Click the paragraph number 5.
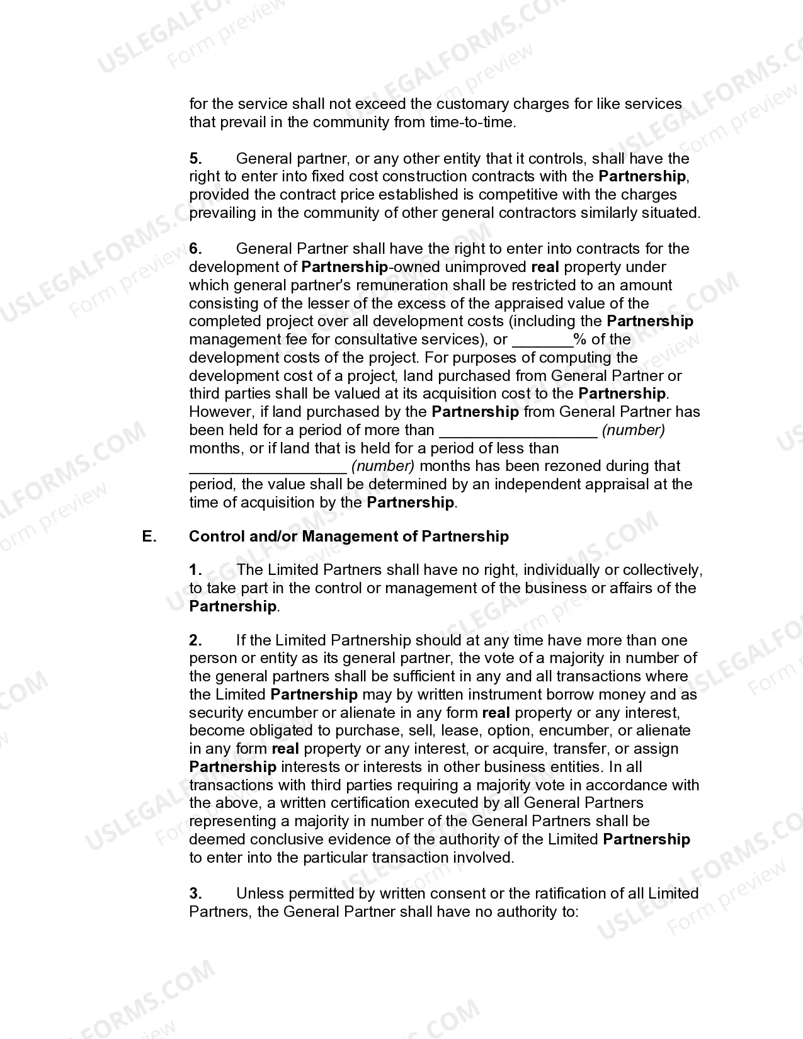195,159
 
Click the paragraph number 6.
195,249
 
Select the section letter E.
149,537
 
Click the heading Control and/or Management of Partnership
349,537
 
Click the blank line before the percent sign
542,341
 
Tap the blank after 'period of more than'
518,431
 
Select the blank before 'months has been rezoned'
268,467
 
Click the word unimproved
485,268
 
